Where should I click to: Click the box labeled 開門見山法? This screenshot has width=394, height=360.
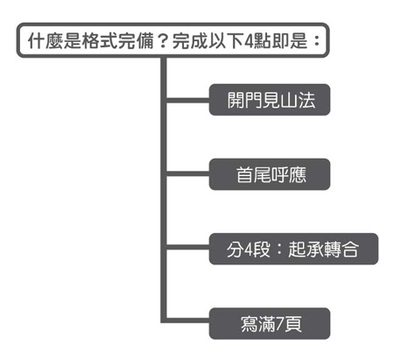(x=270, y=100)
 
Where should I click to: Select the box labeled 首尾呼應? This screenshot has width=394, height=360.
(x=270, y=174)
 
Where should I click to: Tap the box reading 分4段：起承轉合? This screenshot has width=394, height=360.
(x=293, y=249)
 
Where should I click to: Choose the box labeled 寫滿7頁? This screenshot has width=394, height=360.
(x=270, y=323)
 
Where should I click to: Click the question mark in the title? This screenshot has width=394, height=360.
(x=163, y=41)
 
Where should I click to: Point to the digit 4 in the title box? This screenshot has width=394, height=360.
(x=249, y=41)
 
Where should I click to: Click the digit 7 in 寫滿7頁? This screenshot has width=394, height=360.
(x=280, y=324)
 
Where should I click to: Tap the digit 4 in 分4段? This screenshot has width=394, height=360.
(x=249, y=250)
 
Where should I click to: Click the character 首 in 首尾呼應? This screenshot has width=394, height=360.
(x=244, y=175)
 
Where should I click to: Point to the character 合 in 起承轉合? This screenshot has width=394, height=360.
(x=350, y=250)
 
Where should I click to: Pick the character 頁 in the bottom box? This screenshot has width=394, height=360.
(x=293, y=324)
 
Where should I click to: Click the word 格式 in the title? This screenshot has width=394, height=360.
(x=99, y=40)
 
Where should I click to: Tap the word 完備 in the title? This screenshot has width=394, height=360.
(x=136, y=40)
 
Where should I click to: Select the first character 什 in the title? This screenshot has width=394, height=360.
(x=36, y=40)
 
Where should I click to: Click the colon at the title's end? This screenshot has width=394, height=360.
(x=316, y=41)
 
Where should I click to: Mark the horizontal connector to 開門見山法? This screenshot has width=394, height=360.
(x=188, y=101)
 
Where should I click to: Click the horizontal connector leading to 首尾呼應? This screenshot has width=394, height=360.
(x=188, y=174)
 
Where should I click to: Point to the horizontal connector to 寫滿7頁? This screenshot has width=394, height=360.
(x=188, y=321)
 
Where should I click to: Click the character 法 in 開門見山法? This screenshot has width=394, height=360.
(x=307, y=101)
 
